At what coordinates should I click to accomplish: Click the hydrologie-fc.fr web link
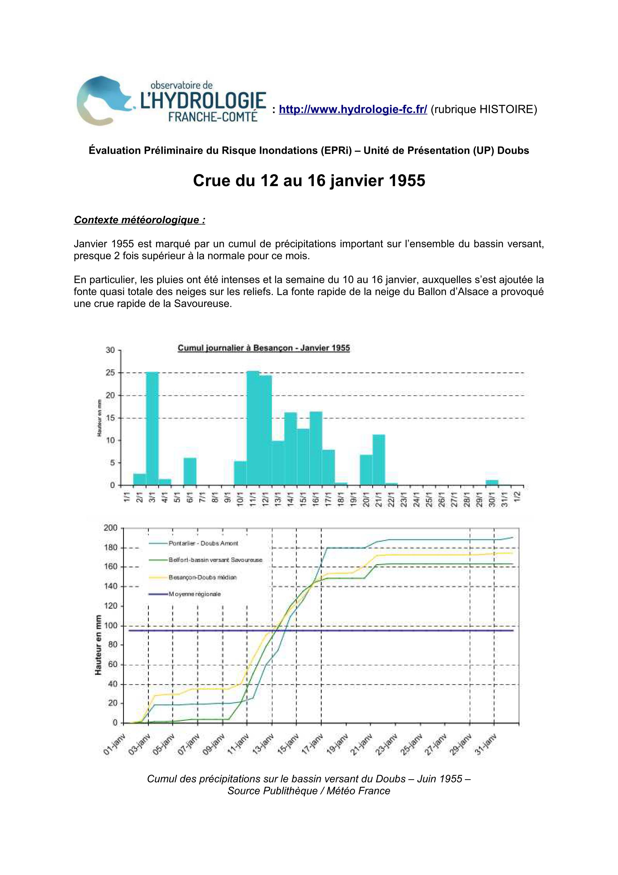(x=353, y=110)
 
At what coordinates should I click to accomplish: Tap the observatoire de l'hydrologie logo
(x=171, y=101)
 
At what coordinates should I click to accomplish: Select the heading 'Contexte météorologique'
(x=140, y=220)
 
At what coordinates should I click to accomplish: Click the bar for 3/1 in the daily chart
(x=152, y=429)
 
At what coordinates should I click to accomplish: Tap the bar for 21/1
(x=378, y=460)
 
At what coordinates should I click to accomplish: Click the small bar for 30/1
(x=492, y=482)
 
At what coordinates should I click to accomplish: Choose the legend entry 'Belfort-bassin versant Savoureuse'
(x=215, y=560)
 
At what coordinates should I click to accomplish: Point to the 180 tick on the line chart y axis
(x=112, y=548)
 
